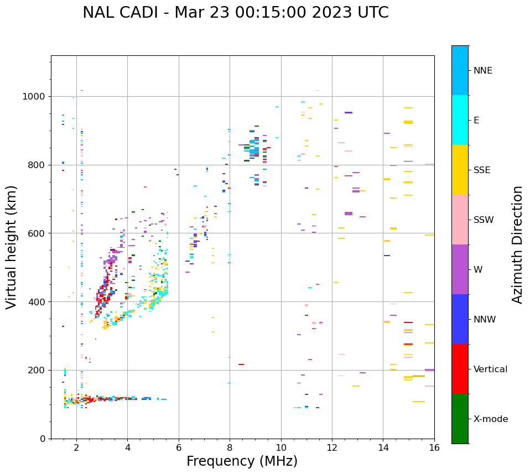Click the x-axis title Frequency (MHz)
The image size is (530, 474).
click(242, 461)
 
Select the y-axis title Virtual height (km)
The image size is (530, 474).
click(12, 247)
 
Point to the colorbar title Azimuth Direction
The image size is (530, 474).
click(517, 244)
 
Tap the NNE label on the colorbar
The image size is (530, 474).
click(482, 71)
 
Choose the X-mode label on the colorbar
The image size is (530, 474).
click(490, 419)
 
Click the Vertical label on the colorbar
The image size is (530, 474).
click(490, 369)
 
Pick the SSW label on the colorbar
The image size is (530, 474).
click(484, 220)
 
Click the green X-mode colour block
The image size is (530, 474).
click(460, 419)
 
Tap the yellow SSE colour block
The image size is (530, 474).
click(460, 170)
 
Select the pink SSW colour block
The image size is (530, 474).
click(460, 220)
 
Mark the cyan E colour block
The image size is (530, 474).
click(460, 120)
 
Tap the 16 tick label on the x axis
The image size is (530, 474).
click(434, 447)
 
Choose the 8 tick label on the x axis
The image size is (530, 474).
click(230, 447)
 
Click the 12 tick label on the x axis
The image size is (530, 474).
click(332, 447)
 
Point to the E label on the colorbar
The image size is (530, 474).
click(476, 121)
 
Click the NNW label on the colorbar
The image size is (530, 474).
click(485, 320)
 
